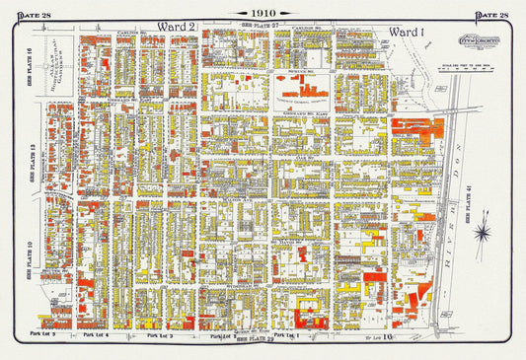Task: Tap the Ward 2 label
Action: [x=177, y=26]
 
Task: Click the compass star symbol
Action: [x=483, y=233]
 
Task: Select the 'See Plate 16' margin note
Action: [x=31, y=64]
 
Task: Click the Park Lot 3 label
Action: [x=160, y=337]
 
